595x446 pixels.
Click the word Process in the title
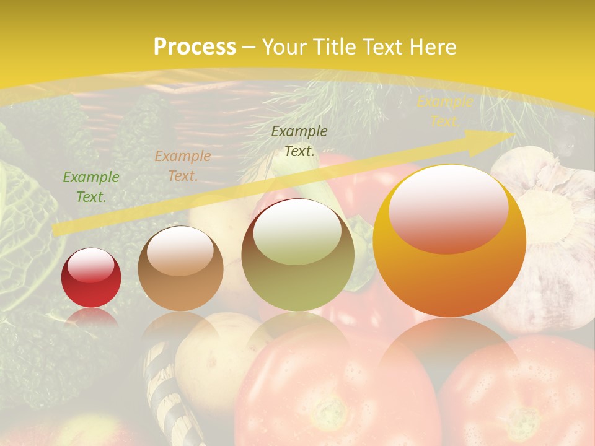195,47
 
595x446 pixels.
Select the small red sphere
91,278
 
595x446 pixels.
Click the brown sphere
180,269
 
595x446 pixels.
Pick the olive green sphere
298,255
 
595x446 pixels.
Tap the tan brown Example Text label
183,166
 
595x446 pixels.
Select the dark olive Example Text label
299,141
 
